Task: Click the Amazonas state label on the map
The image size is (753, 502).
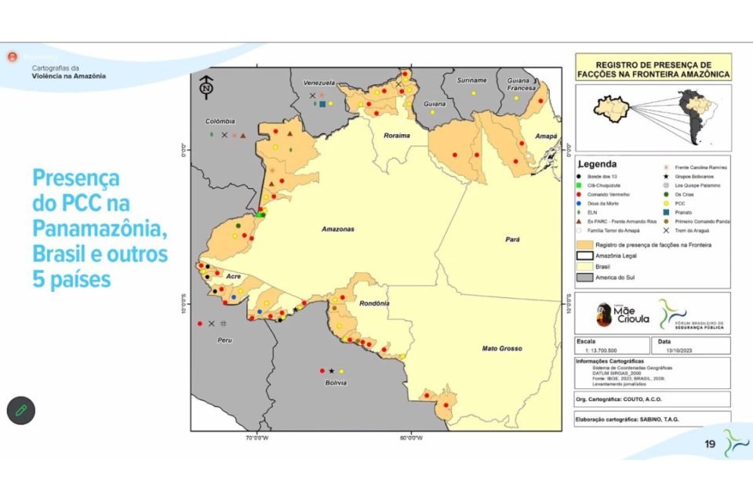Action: pyautogui.click(x=338, y=229)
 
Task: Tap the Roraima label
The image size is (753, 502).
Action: pyautogui.click(x=397, y=135)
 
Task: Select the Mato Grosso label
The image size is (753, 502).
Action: pyautogui.click(x=501, y=348)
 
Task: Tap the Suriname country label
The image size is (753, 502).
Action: pyautogui.click(x=471, y=80)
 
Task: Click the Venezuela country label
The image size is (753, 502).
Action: pyautogui.click(x=320, y=82)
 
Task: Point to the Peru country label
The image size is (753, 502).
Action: pyautogui.click(x=225, y=340)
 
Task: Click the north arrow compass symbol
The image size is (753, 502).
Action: pyautogui.click(x=206, y=87)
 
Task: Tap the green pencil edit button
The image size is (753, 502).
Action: pyautogui.click(x=22, y=409)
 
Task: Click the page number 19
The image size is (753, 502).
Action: pyautogui.click(x=710, y=444)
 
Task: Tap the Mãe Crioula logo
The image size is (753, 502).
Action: pyautogui.click(x=617, y=313)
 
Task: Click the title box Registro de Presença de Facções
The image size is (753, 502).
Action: pyautogui.click(x=653, y=68)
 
